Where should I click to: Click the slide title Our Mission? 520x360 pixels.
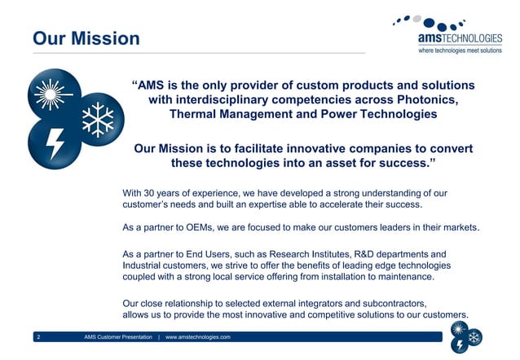(86, 38)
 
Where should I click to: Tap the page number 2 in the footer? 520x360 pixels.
(38, 336)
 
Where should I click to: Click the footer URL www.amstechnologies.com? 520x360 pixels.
(199, 336)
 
